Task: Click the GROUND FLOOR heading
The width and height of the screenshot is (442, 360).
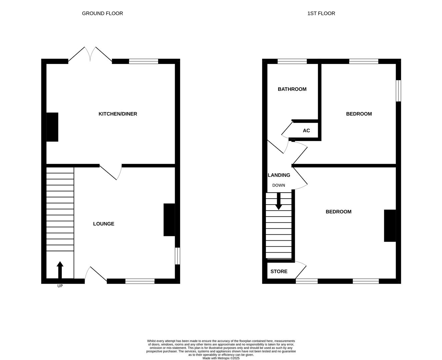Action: [x=102, y=13]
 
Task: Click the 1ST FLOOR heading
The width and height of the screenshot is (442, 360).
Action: [x=321, y=13]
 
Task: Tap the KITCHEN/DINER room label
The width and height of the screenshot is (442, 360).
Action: [x=118, y=114]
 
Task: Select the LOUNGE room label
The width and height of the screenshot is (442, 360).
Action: [x=103, y=224]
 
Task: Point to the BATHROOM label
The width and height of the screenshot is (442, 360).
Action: [x=292, y=89]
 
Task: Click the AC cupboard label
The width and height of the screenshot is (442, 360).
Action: [x=306, y=131]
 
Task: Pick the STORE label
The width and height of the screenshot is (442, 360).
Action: [x=279, y=271]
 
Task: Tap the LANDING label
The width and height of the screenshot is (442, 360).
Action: [x=279, y=175]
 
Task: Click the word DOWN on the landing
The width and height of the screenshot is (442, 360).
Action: [x=279, y=185]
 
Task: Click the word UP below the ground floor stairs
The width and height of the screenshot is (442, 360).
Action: [x=60, y=286]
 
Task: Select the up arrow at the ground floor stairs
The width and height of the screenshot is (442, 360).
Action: [x=60, y=270]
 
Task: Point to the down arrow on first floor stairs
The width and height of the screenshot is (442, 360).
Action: [x=279, y=201]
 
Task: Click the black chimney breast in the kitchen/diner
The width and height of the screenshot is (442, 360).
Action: [x=52, y=127]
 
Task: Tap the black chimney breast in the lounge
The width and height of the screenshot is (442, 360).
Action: [x=169, y=220]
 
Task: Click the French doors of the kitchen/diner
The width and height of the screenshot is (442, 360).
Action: [x=90, y=54]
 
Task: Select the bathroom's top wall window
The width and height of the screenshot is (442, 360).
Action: [x=292, y=61]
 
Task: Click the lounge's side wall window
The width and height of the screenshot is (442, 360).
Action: [x=177, y=256]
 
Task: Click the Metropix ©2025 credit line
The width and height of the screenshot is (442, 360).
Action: [x=221, y=358]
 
